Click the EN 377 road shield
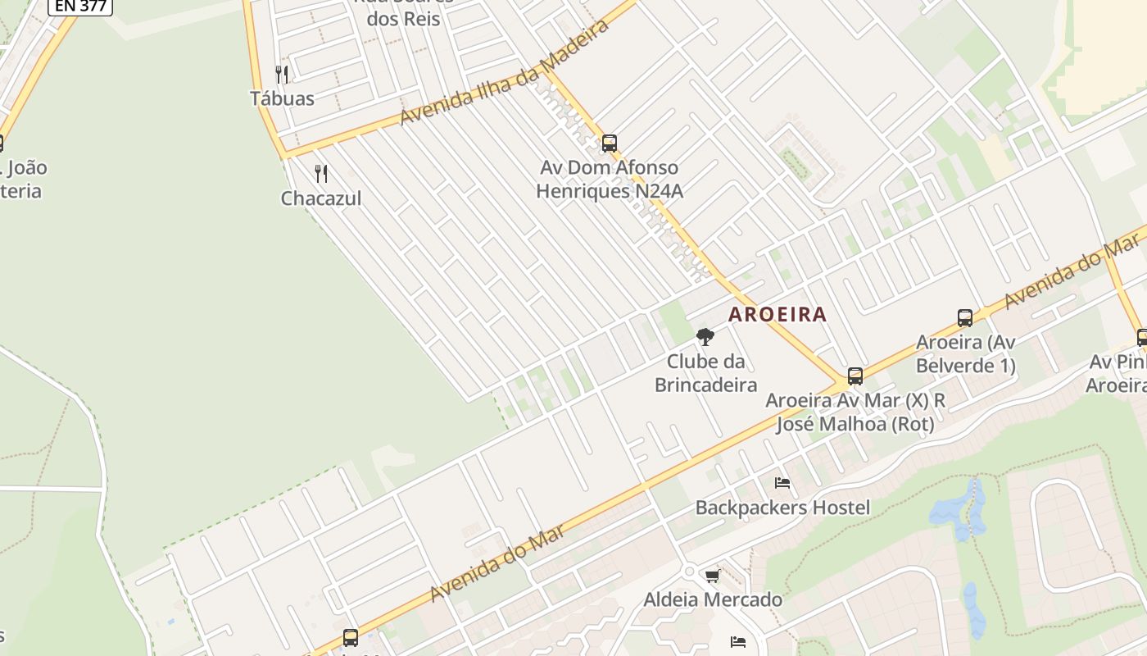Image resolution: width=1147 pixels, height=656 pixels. pyautogui.click(x=80, y=5)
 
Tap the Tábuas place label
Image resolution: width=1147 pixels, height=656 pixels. pyautogui.click(x=282, y=98)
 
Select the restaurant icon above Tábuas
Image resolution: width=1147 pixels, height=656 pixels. pyautogui.click(x=282, y=75)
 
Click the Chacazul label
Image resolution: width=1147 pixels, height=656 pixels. pyautogui.click(x=321, y=198)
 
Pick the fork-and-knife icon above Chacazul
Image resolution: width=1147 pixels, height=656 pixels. pyautogui.click(x=321, y=174)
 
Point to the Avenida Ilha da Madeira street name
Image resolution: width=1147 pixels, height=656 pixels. pyautogui.click(x=505, y=73)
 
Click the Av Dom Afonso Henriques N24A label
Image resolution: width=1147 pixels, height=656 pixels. pyautogui.click(x=609, y=179)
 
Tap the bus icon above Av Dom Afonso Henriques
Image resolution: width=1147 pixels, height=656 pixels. pyautogui.click(x=609, y=143)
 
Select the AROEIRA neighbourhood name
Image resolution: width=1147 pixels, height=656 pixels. pyautogui.click(x=778, y=314)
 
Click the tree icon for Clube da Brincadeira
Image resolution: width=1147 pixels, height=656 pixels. pyautogui.click(x=705, y=336)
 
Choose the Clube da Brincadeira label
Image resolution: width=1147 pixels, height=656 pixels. pyautogui.click(x=705, y=373)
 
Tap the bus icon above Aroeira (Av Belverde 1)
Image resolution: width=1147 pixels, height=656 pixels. pyautogui.click(x=965, y=318)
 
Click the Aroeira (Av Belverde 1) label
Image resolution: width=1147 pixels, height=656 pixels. pyautogui.click(x=965, y=353)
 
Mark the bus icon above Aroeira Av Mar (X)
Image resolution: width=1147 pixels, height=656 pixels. pyautogui.click(x=855, y=376)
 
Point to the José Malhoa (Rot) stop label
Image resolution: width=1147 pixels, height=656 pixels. pyautogui.click(x=855, y=424)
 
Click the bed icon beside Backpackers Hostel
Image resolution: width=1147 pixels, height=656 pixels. pyautogui.click(x=782, y=484)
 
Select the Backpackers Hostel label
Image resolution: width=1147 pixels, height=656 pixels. pyautogui.click(x=782, y=508)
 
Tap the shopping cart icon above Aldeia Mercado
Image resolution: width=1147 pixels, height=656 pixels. pyautogui.click(x=712, y=576)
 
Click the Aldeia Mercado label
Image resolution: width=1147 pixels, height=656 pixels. pyautogui.click(x=713, y=599)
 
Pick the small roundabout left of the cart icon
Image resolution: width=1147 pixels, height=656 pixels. pyautogui.click(x=689, y=571)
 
